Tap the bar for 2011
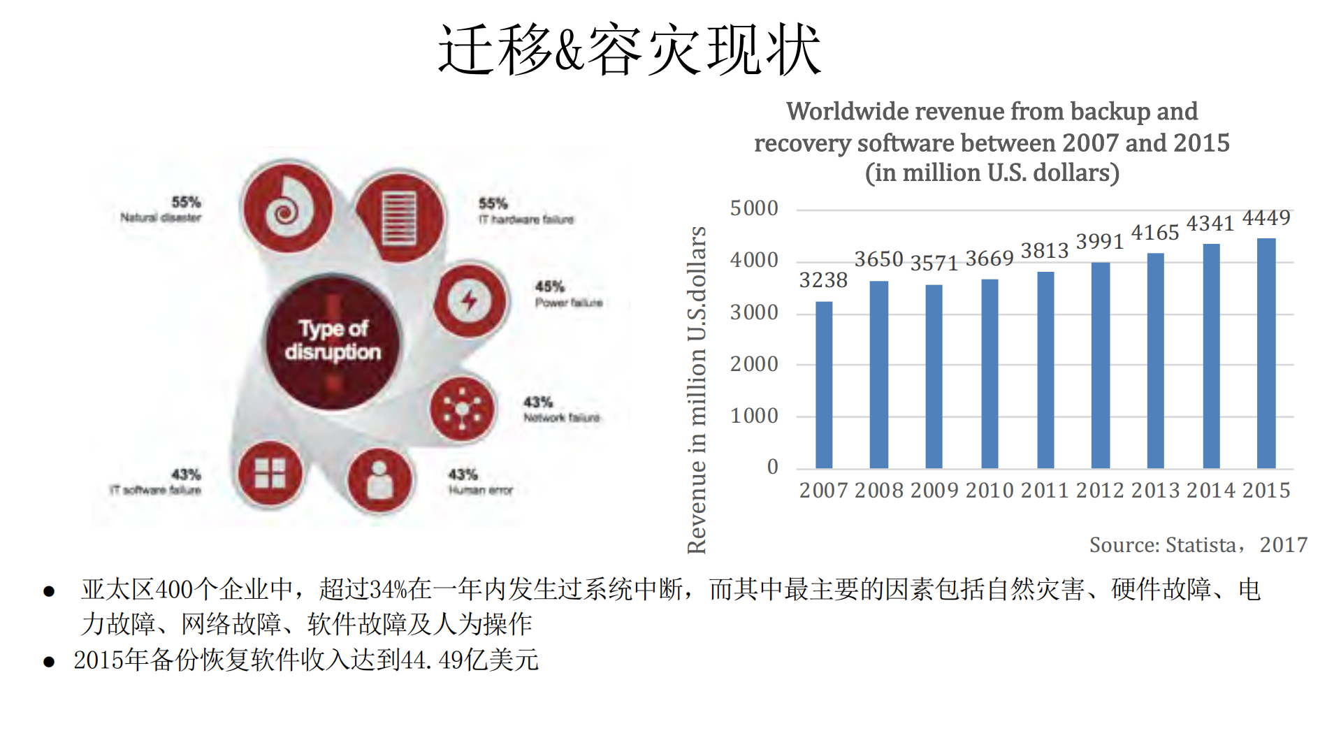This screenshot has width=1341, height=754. (1045, 370)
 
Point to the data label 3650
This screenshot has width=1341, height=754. (878, 259)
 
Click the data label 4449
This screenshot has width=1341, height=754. (1266, 218)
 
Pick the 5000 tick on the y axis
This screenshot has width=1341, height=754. (754, 208)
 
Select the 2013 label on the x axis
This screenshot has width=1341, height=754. (1155, 490)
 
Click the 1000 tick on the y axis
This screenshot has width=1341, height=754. (754, 416)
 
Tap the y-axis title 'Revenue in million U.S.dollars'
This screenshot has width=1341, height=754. (697, 390)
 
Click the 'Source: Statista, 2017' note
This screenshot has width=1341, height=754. (1198, 544)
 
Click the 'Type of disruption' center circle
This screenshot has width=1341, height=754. (333, 340)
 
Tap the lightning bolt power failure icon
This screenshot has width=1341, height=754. (470, 300)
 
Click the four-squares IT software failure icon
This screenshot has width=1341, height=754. (270, 473)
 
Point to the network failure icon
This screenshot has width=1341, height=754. (462, 409)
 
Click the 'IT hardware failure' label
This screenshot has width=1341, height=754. (525, 219)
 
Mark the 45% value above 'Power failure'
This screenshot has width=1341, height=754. (549, 287)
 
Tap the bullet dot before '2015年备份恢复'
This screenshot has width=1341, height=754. (49, 661)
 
